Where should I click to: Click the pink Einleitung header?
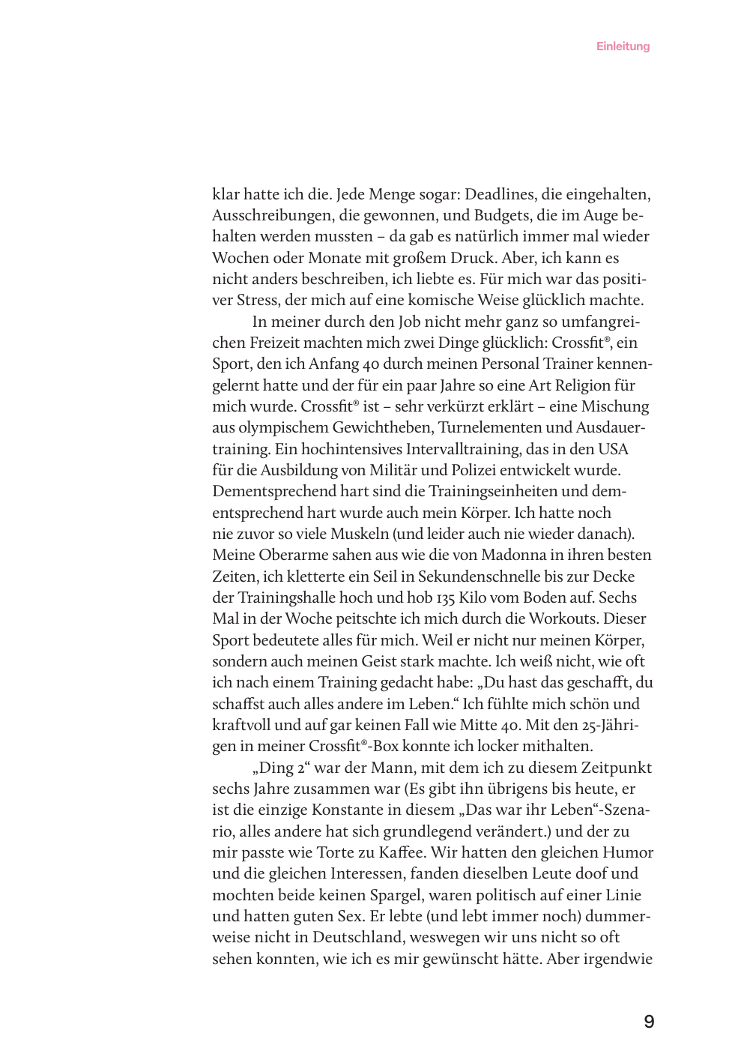623,46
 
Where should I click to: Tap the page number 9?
649,1021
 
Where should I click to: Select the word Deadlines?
500,195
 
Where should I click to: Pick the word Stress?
257,301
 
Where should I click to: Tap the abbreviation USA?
613,450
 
